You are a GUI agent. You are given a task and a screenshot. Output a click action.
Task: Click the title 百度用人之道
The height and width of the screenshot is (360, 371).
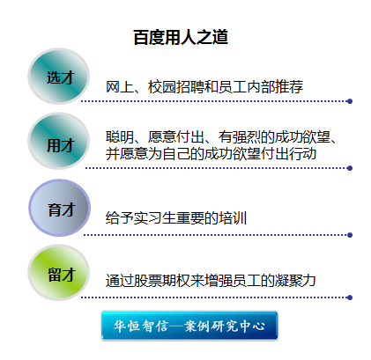(181, 37)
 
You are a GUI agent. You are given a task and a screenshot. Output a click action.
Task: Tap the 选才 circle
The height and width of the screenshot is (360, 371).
(59, 77)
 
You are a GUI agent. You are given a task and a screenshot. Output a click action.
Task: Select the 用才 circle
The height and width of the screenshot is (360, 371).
(59, 141)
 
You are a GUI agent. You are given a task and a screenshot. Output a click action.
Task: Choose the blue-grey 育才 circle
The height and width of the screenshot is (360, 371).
(59, 208)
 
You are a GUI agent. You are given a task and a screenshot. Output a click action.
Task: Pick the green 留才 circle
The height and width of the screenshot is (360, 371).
(59, 273)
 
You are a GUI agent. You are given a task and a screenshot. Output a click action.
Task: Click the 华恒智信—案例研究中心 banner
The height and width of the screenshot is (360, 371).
(189, 326)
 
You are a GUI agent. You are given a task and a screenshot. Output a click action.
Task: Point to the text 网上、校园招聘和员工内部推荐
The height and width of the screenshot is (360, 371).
(204, 87)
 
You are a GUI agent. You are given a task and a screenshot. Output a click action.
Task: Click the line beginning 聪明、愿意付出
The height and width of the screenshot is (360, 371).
(221, 137)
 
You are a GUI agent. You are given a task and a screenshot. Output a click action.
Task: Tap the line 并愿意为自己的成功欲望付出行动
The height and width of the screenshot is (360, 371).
(211, 153)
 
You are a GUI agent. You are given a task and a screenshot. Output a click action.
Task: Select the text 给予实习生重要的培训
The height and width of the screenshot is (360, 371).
(176, 218)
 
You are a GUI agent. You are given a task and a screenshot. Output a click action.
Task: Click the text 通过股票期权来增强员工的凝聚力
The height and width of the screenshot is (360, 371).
(211, 281)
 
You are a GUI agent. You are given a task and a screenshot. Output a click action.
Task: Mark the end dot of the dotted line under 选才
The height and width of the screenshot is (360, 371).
(350, 101)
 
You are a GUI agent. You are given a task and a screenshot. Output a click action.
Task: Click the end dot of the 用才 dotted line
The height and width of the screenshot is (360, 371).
(350, 168)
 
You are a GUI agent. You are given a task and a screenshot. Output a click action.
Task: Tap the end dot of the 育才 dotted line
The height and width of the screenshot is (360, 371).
(350, 235)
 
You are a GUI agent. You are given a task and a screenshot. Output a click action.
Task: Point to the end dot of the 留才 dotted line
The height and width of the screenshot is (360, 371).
(350, 298)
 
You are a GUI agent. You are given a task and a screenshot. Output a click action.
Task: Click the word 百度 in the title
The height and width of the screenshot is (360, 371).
(149, 37)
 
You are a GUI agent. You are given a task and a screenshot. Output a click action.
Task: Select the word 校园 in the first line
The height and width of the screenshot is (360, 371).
(162, 87)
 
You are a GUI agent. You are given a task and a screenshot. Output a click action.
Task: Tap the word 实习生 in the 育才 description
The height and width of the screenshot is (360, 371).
(155, 218)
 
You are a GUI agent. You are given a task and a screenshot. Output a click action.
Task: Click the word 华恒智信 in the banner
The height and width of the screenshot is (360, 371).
(141, 326)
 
